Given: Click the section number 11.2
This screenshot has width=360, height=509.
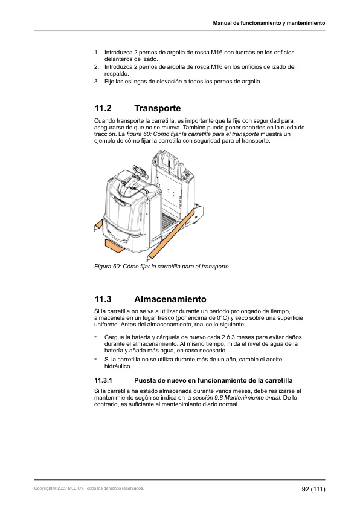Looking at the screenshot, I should coord(103,109).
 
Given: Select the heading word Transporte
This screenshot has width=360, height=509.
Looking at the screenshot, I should coord(157,109).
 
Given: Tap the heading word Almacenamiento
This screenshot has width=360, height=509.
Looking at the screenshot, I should coord(170,299).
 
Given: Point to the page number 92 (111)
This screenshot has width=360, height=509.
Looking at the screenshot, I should coord(313,488).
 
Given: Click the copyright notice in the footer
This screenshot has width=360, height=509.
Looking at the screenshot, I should coord(89,488).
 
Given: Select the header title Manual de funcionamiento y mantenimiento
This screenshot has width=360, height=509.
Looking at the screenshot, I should coord(269,23).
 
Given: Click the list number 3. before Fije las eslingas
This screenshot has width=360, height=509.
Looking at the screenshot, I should coord(97,82).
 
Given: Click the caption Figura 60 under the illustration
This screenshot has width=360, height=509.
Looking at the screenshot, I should coord(161,266).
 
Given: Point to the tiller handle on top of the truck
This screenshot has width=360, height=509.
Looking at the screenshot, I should coord(134,179).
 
